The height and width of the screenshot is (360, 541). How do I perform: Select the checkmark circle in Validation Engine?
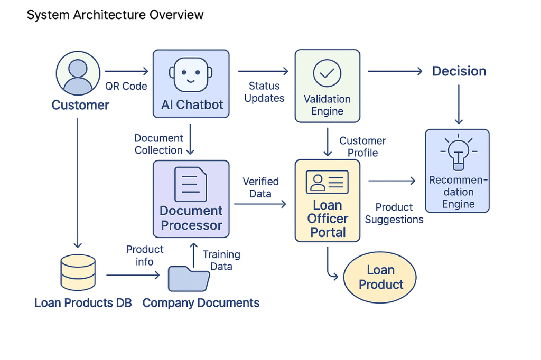(x=327, y=73)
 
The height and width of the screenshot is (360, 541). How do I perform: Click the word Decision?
(x=459, y=71)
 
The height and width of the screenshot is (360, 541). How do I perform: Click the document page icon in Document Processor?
(x=191, y=184)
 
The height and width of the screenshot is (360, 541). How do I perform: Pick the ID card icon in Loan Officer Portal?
(x=327, y=182)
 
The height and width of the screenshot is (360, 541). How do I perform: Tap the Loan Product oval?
(x=380, y=277)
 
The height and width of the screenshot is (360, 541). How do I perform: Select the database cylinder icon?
(x=78, y=272)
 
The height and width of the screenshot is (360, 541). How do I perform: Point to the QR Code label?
(x=126, y=86)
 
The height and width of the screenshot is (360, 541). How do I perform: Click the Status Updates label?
(x=264, y=92)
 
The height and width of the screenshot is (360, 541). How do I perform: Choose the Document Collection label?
(x=158, y=144)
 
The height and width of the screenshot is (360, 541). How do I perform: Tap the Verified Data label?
(x=260, y=187)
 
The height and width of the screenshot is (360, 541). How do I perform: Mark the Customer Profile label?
(x=362, y=147)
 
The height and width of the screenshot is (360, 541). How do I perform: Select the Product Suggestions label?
(x=394, y=213)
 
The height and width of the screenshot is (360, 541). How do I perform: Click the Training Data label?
(x=221, y=260)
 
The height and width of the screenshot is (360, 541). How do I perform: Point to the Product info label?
(x=145, y=255)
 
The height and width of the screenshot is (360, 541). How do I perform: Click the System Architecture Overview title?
(x=115, y=15)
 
